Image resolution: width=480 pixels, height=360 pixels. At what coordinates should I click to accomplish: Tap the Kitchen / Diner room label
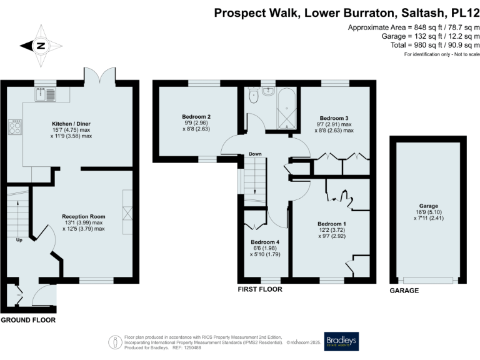pyautogui.click(x=71, y=124)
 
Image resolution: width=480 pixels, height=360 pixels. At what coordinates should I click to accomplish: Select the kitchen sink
pyautogui.click(x=46, y=95)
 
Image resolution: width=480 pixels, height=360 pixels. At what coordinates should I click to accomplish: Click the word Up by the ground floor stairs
pyautogui.click(x=19, y=239)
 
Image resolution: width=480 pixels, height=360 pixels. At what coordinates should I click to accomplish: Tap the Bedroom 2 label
pyautogui.click(x=196, y=116)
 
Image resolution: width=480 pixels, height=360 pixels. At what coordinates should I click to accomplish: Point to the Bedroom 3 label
pyautogui.click(x=334, y=118)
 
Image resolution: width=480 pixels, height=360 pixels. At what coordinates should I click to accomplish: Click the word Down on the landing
pyautogui.click(x=255, y=154)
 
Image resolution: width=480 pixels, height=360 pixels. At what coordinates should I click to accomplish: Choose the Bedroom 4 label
pyautogui.click(x=265, y=242)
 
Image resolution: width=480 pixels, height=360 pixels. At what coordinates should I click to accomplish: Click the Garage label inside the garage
pyautogui.click(x=428, y=206)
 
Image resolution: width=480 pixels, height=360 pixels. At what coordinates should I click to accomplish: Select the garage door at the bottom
pyautogui.click(x=428, y=279)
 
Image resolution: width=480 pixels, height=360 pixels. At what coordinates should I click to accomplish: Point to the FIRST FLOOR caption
pyautogui.click(x=260, y=290)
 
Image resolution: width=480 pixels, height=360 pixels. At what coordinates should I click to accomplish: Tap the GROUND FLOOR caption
pyautogui.click(x=28, y=320)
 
